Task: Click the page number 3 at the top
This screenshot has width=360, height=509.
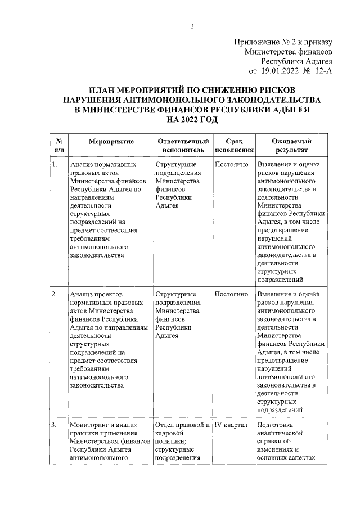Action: click(192, 27)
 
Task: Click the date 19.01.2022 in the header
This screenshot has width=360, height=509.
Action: click(280, 71)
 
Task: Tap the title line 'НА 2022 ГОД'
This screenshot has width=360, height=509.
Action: click(192, 120)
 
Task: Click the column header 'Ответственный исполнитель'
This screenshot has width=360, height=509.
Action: click(183, 146)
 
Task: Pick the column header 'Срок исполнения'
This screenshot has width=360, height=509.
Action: click(233, 146)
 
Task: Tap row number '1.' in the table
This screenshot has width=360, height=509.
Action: click(54, 165)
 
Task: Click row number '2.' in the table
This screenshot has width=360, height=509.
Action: click(54, 294)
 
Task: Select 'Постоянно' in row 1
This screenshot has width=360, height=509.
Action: click(231, 165)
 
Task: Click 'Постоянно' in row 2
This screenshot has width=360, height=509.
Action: click(231, 294)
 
